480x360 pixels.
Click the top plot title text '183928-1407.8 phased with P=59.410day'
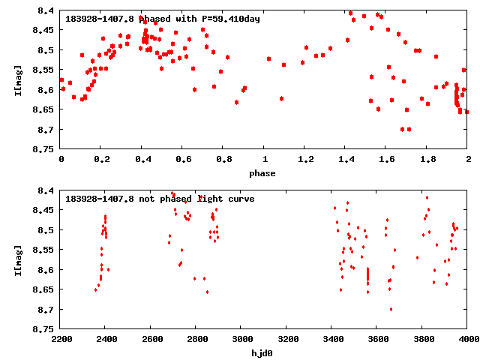(162, 19)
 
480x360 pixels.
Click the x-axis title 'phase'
(262, 173)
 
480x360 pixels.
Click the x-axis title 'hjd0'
(262, 353)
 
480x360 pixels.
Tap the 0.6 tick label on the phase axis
(183, 160)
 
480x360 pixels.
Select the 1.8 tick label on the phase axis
(427, 160)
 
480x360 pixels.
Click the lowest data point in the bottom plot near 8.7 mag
(391, 309)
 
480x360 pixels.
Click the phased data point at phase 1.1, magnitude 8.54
(283, 64)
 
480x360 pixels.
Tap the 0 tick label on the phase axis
(61, 160)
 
